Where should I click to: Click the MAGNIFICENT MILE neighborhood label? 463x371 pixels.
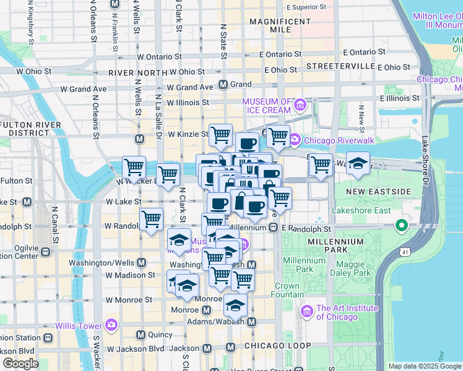tap(279, 25)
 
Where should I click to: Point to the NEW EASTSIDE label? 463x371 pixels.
tap(378, 192)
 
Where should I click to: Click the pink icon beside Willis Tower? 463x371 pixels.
tap(111, 324)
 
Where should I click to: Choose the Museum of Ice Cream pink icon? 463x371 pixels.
tap(300, 105)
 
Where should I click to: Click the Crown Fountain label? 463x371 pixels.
tap(287, 291)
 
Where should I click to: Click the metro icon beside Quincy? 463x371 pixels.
tap(141, 335)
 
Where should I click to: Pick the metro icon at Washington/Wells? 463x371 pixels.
tap(141, 262)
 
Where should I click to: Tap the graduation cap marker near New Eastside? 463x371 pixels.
tap(358, 164)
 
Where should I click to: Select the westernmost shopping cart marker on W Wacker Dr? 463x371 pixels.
tap(134, 168)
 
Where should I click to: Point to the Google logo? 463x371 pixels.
tap(21, 363)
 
